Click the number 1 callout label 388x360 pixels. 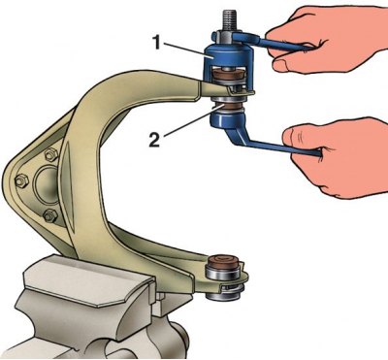pos(156,43)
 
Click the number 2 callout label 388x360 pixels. pos(154,140)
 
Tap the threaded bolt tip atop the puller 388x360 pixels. pos(228,20)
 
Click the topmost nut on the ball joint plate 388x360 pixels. pos(49,154)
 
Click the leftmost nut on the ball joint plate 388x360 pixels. pos(21,180)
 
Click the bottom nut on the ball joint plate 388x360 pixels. pos(50,214)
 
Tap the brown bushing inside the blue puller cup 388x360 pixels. pos(229,77)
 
